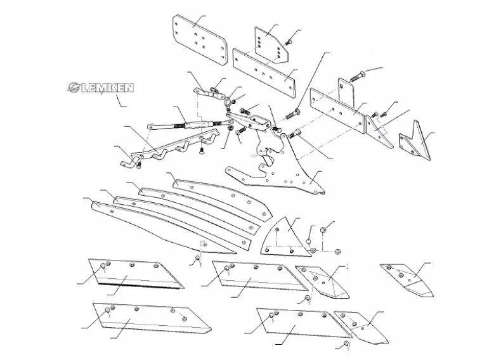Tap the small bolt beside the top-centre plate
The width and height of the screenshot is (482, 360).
[x=289, y=42]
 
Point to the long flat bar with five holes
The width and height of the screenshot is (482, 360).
[x=263, y=69]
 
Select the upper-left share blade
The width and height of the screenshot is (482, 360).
[x=134, y=273]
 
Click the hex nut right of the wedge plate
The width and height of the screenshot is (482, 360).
[x=323, y=228]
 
